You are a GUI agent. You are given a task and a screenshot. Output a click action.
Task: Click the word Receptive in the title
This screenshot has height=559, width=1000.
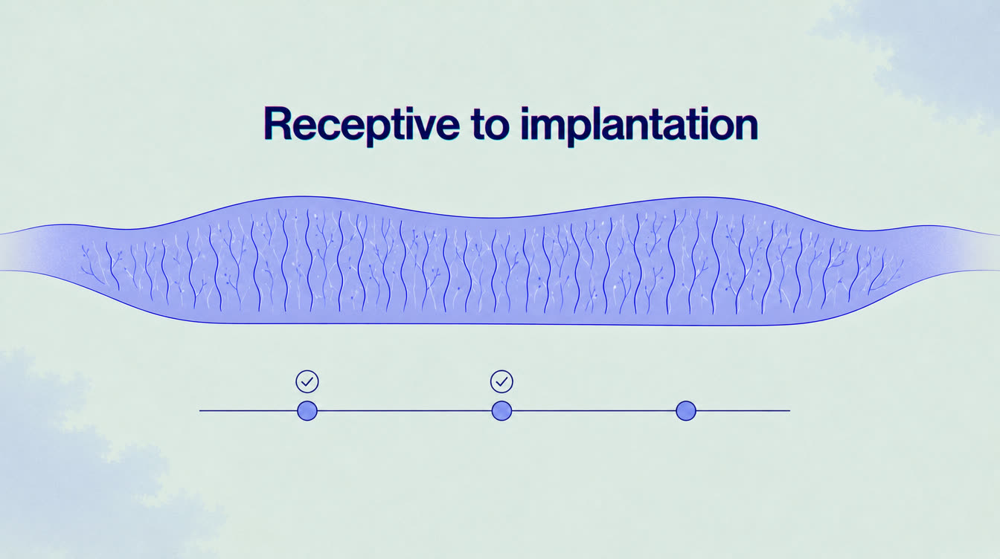coord(362,125)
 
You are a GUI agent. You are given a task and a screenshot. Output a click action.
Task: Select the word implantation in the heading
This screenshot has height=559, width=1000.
coord(639,125)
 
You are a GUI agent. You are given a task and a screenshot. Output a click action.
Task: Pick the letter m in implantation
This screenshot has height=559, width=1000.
coord(552,128)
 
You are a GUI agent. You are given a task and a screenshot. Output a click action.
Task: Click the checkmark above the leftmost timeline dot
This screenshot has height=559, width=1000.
coord(307,381)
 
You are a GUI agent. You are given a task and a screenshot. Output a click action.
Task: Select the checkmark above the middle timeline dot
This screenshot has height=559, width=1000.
coord(501,381)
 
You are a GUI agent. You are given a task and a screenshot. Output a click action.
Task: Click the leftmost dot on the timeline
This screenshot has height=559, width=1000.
coord(307,410)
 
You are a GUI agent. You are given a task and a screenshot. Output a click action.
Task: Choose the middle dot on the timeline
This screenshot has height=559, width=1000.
coord(501,410)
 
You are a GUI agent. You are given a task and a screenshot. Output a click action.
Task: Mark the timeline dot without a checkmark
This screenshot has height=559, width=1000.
coord(686,410)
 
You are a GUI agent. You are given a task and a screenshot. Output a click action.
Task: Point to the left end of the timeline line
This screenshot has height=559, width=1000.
coord(199,410)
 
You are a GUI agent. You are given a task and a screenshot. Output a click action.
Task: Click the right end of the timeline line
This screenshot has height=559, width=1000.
coord(790,410)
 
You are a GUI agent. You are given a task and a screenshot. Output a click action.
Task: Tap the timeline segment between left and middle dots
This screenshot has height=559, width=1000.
coord(405,410)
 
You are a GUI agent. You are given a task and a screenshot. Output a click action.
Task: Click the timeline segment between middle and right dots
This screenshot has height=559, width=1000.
coord(594,410)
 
